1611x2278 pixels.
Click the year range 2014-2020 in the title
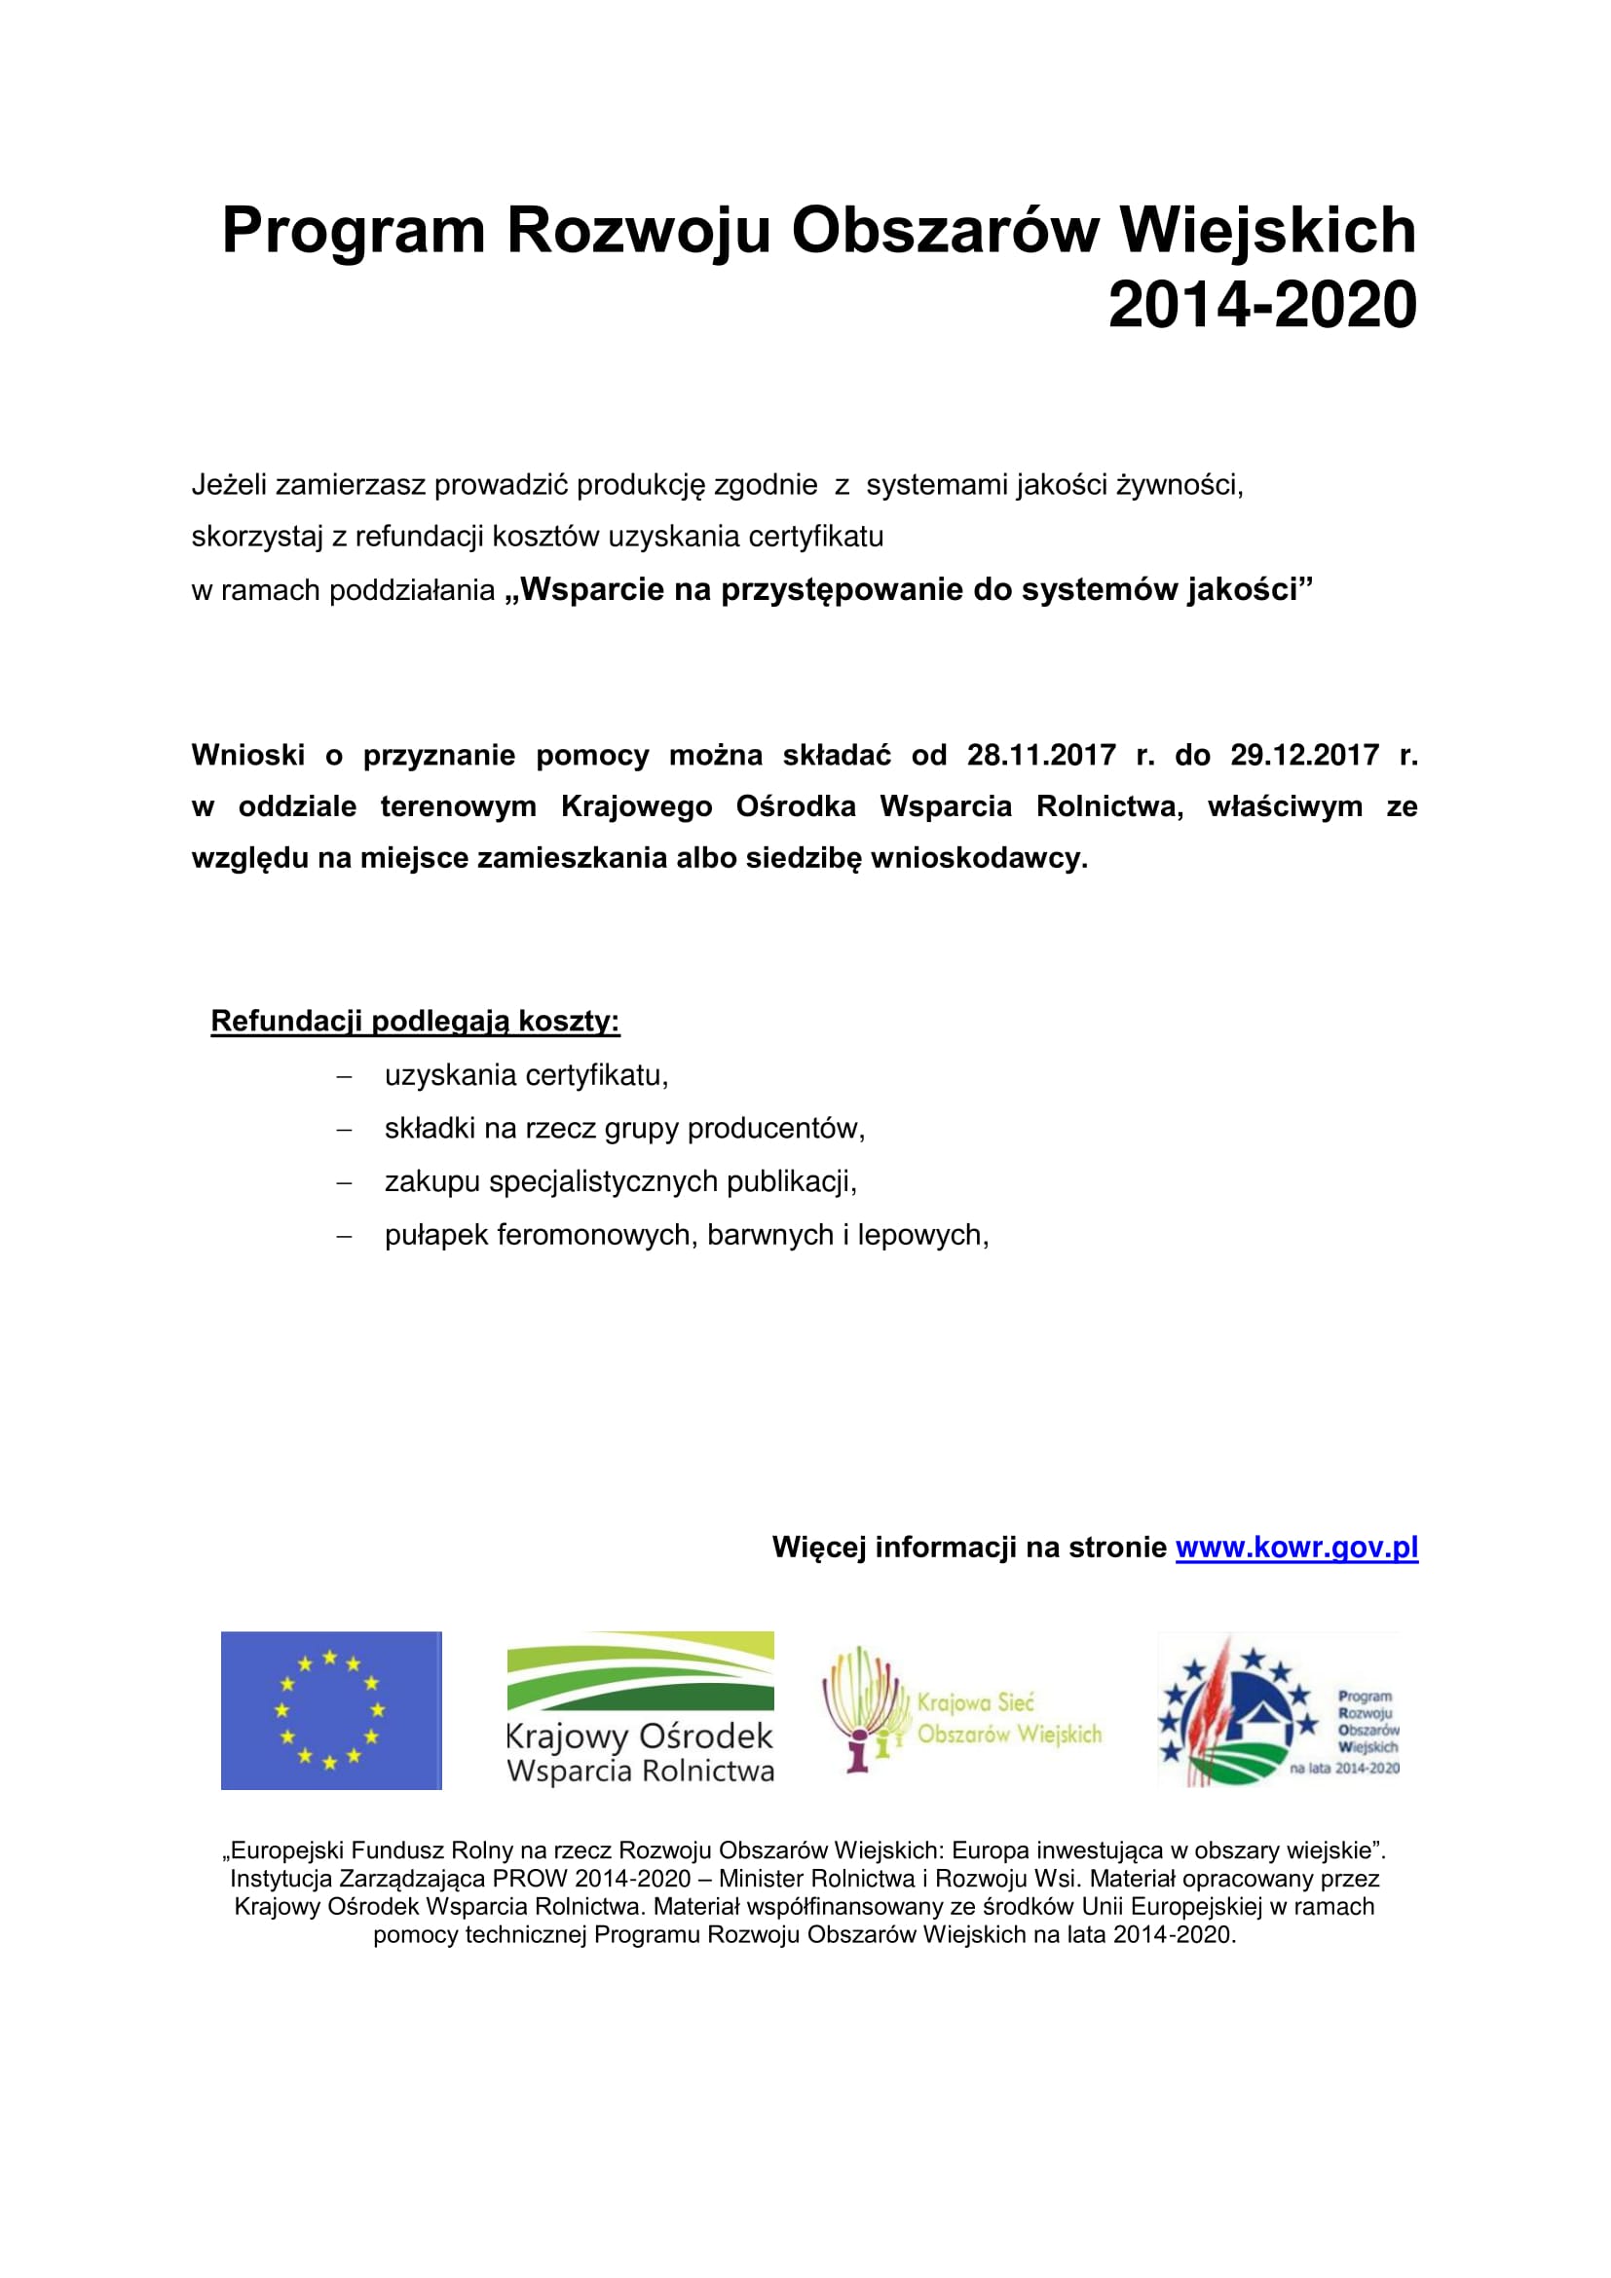pyautogui.click(x=1261, y=305)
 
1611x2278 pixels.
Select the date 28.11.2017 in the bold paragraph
pyautogui.click(x=1040, y=755)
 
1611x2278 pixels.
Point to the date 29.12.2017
pyautogui.click(x=1304, y=755)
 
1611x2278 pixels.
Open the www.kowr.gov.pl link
pyautogui.click(x=1296, y=1547)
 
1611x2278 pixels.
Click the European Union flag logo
pyautogui.click(x=331, y=1710)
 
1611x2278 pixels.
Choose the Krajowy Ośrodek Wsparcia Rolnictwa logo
pyautogui.click(x=640, y=1710)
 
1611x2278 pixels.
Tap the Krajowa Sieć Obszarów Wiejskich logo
pyautogui.click(x=961, y=1710)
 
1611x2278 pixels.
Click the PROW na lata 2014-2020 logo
pyautogui.click(x=1279, y=1710)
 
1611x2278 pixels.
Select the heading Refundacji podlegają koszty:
pyautogui.click(x=415, y=1021)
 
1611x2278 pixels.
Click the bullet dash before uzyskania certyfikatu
pyautogui.click(x=344, y=1076)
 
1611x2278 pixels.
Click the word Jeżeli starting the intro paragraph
pyautogui.click(x=229, y=485)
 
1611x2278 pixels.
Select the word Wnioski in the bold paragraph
pyautogui.click(x=248, y=755)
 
